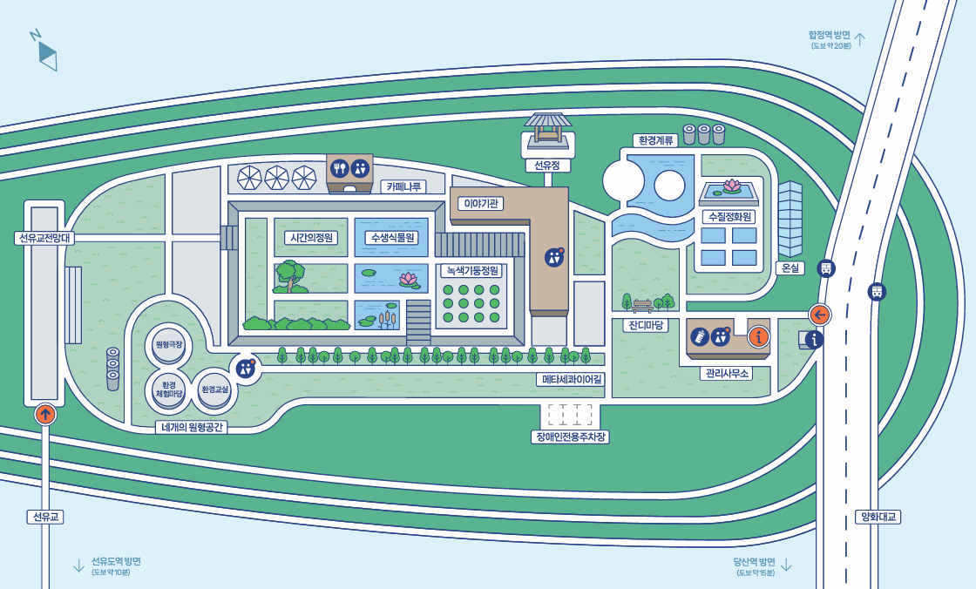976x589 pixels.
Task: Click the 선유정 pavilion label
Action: click(547, 165)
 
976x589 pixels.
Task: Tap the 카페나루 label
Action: click(403, 186)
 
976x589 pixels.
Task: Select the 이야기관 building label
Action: click(480, 203)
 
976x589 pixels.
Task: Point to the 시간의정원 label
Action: click(311, 237)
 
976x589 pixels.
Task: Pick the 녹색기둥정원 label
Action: click(471, 270)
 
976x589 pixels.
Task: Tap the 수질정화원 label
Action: click(730, 216)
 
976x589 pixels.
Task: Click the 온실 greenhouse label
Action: click(790, 267)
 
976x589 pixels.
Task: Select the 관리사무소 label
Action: click(726, 373)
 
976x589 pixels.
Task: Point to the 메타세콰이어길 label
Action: click(571, 379)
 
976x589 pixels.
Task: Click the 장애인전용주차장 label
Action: click(570, 437)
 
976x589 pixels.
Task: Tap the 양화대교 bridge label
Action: click(878, 517)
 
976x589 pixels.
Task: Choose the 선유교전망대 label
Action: click(45, 238)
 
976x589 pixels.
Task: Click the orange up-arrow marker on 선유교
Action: click(45, 414)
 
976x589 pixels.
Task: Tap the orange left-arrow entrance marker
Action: click(819, 315)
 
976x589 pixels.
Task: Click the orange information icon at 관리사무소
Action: click(759, 336)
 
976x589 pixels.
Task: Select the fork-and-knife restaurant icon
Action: click(340, 169)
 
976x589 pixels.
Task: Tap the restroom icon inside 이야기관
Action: click(554, 257)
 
